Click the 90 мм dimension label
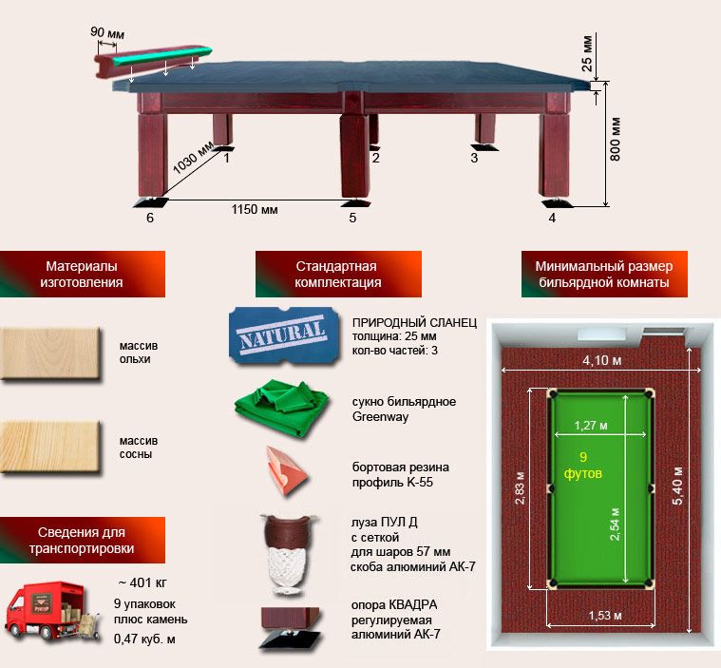tap(107, 32)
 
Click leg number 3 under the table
tap(474, 158)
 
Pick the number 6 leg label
tap(149, 218)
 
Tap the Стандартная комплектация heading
tap(337, 275)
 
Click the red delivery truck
tap(52, 610)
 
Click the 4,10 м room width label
tap(602, 361)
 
